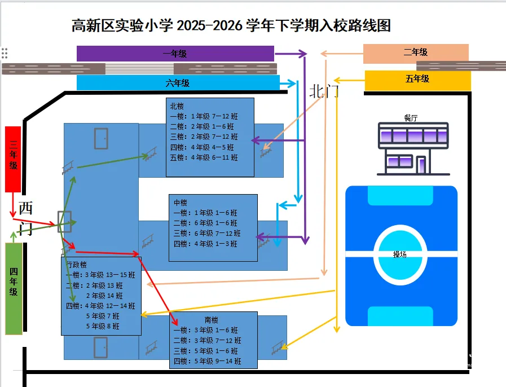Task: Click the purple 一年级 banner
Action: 175,54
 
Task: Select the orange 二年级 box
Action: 416,52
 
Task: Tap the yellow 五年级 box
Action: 417,79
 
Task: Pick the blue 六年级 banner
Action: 178,83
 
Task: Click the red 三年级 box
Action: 13,159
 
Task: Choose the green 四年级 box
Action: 14,288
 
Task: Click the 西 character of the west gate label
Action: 26,208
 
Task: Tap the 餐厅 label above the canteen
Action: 411,117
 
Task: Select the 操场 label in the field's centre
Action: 400,254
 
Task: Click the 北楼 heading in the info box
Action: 177,106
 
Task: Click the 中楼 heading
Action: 181,203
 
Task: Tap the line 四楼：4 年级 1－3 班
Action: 205,244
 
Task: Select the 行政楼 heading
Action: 76,265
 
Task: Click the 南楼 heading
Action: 212,320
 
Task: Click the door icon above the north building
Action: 101,138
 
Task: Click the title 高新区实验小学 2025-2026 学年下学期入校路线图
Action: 231,25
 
